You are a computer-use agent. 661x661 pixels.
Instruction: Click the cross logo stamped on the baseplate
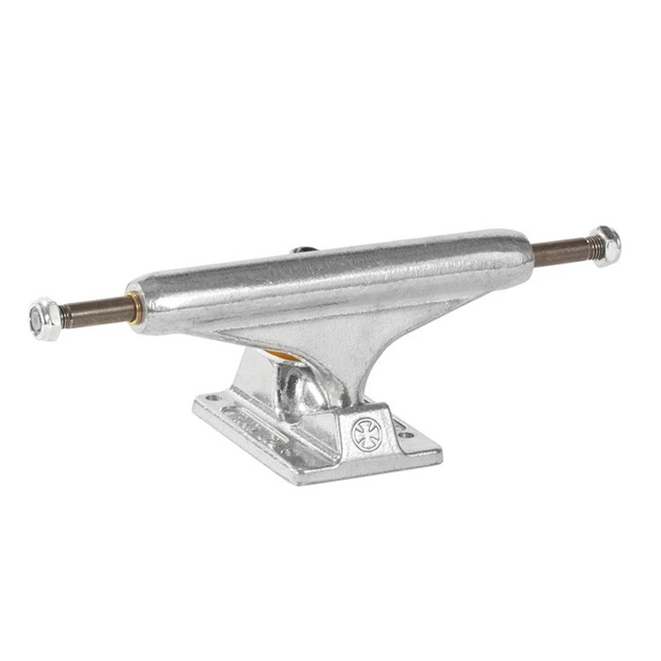364,433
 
